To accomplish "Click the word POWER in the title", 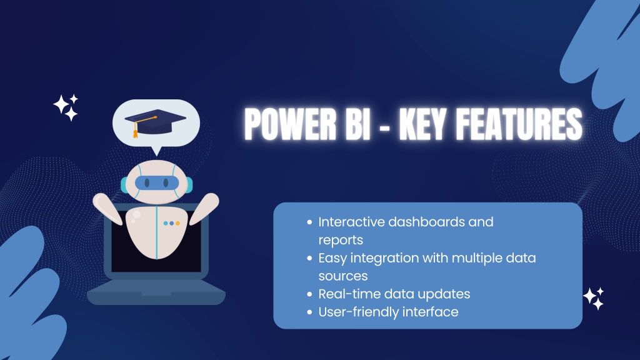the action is coord(291,124).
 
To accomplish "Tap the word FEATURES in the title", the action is coord(518,124).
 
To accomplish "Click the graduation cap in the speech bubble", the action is coord(155,122).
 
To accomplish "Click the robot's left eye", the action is coord(147,183).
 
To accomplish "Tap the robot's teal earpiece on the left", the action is coord(124,185).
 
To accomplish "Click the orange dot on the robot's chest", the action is coord(177,223).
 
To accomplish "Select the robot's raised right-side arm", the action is coord(204,208).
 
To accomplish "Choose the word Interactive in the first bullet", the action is coord(351,222).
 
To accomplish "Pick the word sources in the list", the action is coord(343,276).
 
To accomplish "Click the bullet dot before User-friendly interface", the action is coord(309,312).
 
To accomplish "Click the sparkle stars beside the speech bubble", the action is coord(66,107).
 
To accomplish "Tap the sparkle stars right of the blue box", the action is coord(594,298).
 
